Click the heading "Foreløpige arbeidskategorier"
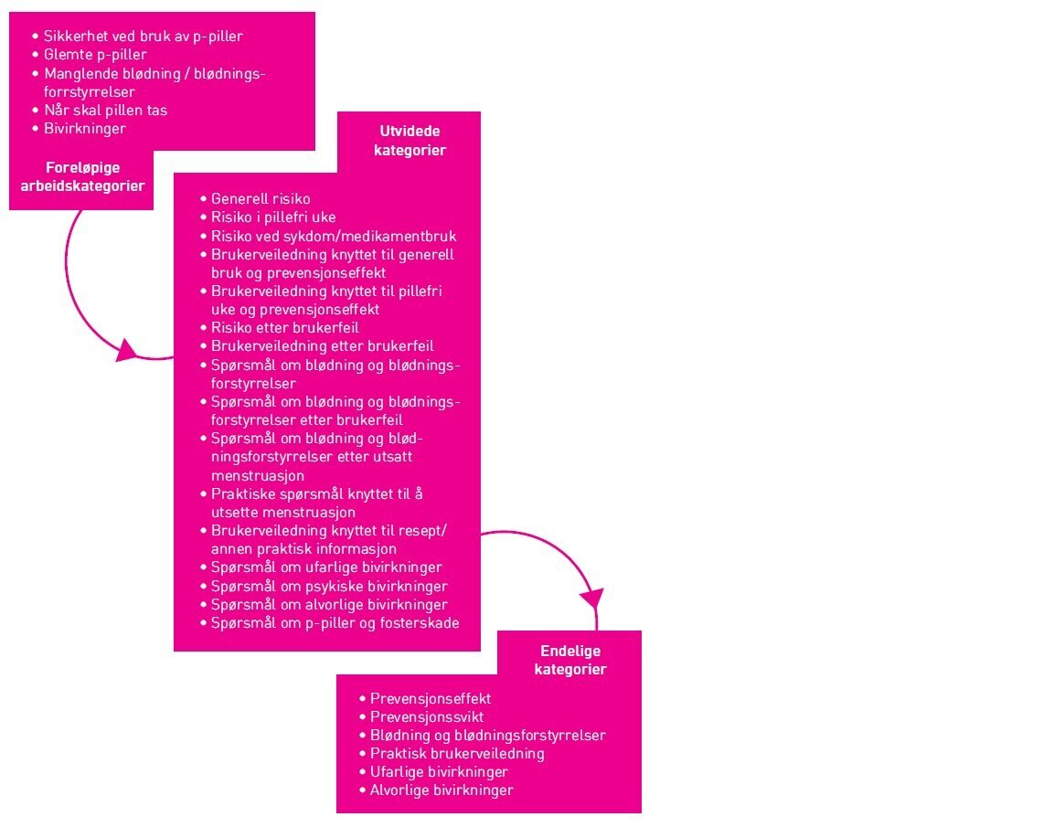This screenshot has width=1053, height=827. tap(82, 176)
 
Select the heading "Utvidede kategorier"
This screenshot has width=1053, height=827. tap(409, 141)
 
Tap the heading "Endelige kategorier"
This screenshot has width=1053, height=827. tap(571, 660)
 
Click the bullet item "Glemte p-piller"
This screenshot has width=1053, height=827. tap(95, 55)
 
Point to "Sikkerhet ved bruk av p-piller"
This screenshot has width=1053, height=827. tap(143, 37)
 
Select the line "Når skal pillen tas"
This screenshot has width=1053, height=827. tap(105, 110)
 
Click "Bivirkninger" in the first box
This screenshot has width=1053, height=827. tap(85, 128)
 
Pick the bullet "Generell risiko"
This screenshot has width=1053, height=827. tap(261, 198)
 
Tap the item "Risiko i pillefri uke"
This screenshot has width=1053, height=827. tap(273, 217)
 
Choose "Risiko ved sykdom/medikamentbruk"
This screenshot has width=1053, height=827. tap(334, 236)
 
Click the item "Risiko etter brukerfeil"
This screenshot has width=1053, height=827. tap(284, 327)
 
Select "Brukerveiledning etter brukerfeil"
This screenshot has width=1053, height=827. tap(322, 345)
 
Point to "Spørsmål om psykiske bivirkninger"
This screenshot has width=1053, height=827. tap(329, 586)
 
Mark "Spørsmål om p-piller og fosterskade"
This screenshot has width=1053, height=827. tap(335, 622)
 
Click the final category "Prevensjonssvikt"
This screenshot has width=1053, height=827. tap(427, 716)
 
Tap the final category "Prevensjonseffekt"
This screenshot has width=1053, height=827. tap(431, 698)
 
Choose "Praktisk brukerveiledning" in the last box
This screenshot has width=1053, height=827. tap(457, 753)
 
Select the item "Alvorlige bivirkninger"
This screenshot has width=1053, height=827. tap(441, 790)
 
